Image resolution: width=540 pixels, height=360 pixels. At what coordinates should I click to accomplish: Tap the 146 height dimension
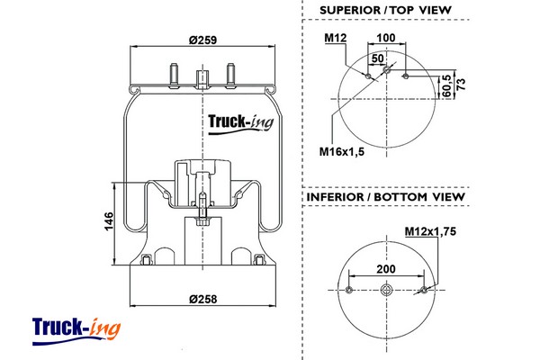pyautogui.click(x=109, y=220)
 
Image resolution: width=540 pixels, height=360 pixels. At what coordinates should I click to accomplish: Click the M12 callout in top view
pyautogui.click(x=336, y=38)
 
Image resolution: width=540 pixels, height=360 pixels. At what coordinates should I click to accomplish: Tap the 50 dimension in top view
pyautogui.click(x=377, y=57)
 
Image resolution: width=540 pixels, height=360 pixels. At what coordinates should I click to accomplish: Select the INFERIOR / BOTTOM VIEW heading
pyautogui.click(x=385, y=196)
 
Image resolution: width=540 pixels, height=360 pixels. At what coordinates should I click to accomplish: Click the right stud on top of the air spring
pyautogui.click(x=231, y=72)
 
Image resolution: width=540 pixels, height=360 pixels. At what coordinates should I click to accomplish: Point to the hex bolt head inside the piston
pyautogui.click(x=202, y=221)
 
